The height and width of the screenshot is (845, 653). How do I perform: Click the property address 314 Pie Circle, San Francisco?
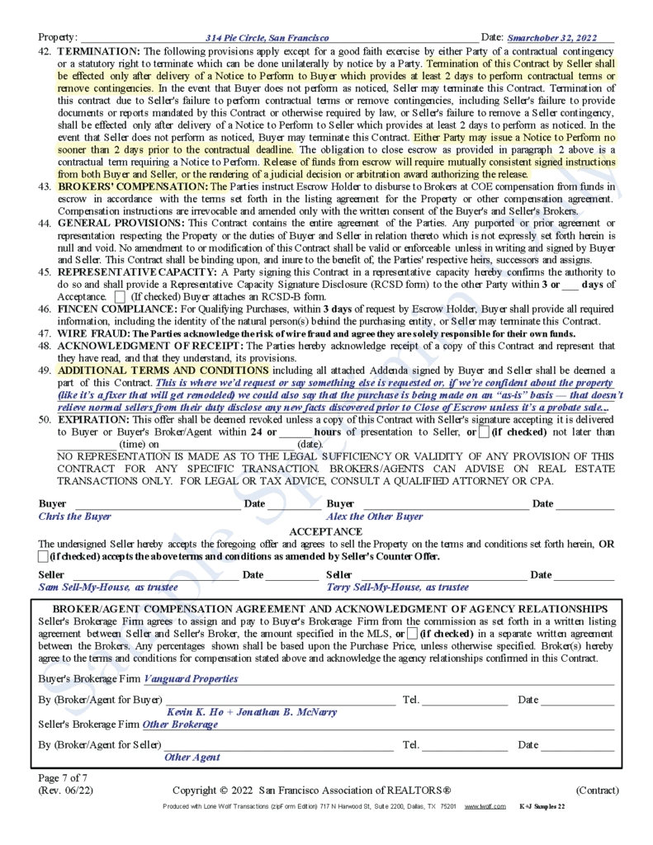pyautogui.click(x=267, y=38)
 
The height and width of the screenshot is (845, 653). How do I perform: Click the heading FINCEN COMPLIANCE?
pyautogui.click(x=116, y=309)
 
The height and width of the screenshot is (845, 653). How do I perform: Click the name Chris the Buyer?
pyautogui.click(x=75, y=517)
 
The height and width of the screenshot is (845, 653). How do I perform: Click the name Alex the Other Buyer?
pyautogui.click(x=375, y=517)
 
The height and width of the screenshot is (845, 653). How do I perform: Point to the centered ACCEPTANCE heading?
pyautogui.click(x=325, y=531)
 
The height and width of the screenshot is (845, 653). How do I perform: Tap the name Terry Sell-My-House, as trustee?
pyautogui.click(x=398, y=588)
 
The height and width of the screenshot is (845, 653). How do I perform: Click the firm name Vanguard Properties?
pyautogui.click(x=191, y=679)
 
